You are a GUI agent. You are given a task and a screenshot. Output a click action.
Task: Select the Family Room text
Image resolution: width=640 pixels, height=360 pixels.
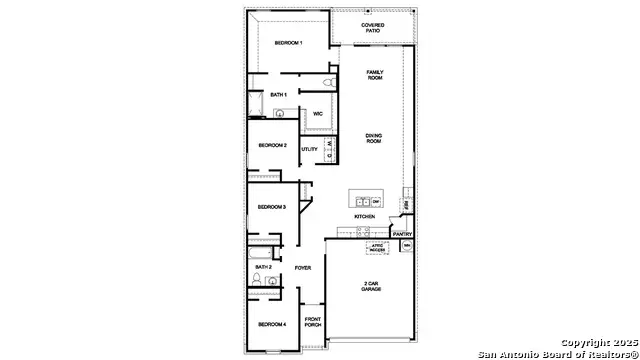coord(375,76)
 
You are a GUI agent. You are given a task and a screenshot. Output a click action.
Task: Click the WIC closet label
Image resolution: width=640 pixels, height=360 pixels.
coord(317,114)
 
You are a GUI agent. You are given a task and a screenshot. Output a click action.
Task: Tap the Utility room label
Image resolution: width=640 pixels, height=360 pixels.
coord(310,149)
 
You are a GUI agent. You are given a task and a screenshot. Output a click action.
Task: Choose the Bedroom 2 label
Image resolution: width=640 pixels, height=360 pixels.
coord(272,146)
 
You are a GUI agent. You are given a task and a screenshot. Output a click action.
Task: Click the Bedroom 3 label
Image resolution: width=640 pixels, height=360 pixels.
coord(271,207)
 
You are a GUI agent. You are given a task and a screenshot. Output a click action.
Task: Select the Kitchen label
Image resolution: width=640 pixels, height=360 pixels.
coord(364,217)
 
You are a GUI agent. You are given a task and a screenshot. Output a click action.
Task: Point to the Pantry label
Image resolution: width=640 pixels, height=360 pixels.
coord(403,234)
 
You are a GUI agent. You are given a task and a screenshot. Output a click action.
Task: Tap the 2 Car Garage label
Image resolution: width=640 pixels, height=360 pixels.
coord(371,286)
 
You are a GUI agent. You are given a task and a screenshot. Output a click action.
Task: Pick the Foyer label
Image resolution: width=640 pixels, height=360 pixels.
coord(304,268)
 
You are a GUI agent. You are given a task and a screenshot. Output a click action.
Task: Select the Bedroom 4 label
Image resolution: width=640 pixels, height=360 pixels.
coord(271,325)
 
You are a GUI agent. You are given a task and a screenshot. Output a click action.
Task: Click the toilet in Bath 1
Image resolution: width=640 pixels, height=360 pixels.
coord(329,82)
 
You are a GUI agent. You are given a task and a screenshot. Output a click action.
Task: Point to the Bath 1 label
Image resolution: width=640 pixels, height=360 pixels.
coord(279,94)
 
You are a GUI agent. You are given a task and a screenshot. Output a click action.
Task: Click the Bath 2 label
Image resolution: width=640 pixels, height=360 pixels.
coord(263,268)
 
